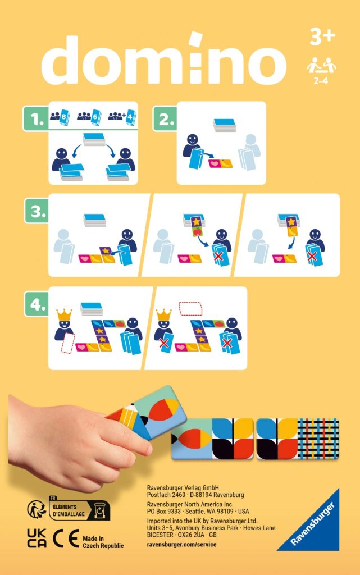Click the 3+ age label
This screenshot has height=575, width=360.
pyautogui.click(x=322, y=37)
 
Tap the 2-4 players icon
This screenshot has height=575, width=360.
pyautogui.click(x=321, y=70)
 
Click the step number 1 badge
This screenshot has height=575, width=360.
pyautogui.click(x=36, y=120)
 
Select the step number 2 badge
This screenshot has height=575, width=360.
pyautogui.click(x=165, y=120)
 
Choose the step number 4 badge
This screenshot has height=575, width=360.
pyautogui.click(x=36, y=306)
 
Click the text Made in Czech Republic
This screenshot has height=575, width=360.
pyautogui.click(x=103, y=541)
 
